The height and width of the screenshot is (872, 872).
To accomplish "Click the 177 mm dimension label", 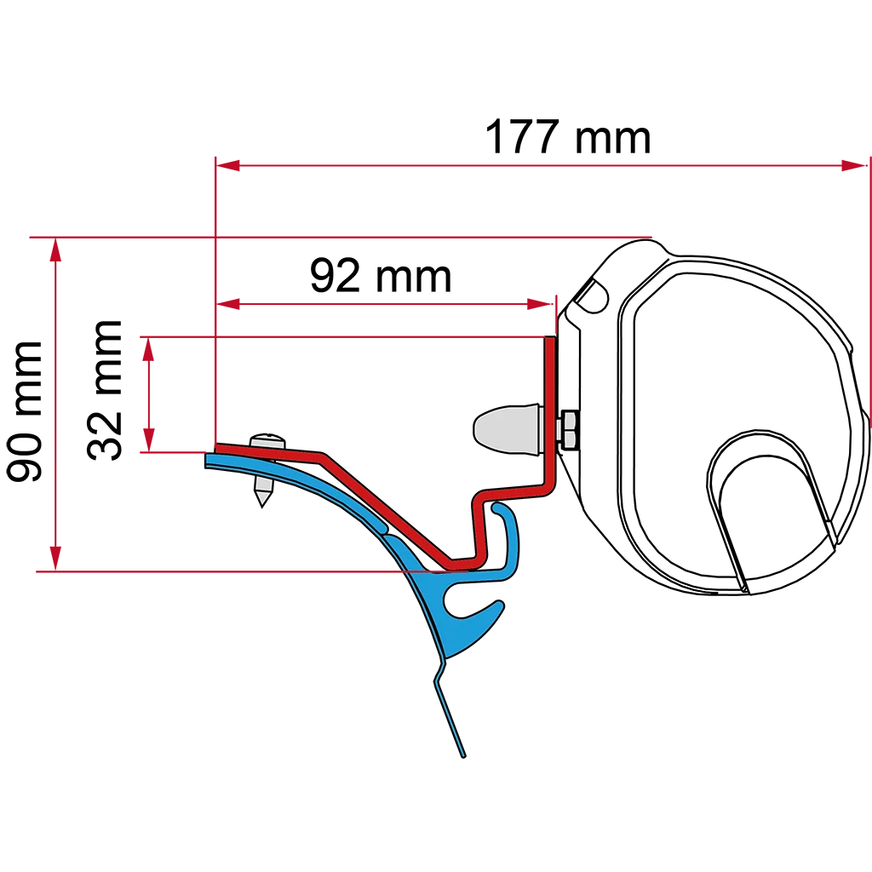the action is pyautogui.click(x=568, y=137).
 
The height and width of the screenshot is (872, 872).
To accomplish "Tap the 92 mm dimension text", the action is pyautogui.click(x=381, y=276).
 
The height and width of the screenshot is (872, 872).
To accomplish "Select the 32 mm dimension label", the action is pyautogui.click(x=104, y=390).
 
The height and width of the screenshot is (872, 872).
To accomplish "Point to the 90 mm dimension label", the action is pyautogui.click(x=24, y=411).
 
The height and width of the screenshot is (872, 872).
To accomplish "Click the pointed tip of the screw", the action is pyautogui.click(x=262, y=505).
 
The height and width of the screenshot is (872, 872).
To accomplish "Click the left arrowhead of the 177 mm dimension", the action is pyautogui.click(x=227, y=165).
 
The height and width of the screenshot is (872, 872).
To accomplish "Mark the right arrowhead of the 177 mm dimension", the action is pyautogui.click(x=855, y=165).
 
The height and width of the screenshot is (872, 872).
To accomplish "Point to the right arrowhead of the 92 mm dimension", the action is pyautogui.click(x=539, y=304).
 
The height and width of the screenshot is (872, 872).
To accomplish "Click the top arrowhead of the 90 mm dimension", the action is pyautogui.click(x=55, y=250).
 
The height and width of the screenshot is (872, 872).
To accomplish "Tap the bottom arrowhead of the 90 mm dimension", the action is pyautogui.click(x=55, y=559).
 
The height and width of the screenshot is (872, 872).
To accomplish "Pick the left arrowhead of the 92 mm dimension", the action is pyautogui.click(x=227, y=304).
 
